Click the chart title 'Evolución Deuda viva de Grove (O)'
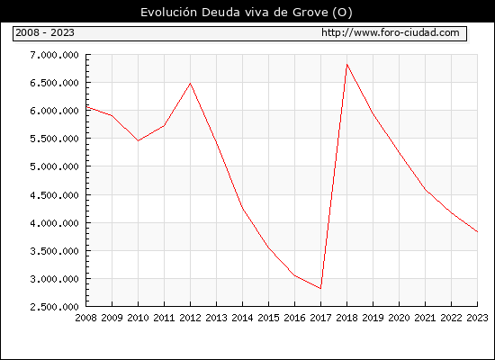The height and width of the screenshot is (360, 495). pyautogui.click(x=247, y=13)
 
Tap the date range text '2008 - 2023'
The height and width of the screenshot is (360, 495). pyautogui.click(x=45, y=32)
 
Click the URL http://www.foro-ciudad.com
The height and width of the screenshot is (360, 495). pyautogui.click(x=391, y=32)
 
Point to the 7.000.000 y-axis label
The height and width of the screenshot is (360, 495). pyautogui.click(x=54, y=55)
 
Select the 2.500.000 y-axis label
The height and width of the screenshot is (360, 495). pyautogui.click(x=54, y=307)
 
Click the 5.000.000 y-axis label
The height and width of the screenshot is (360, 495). pyautogui.click(x=54, y=166)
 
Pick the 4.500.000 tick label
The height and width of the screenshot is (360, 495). pyautogui.click(x=54, y=195)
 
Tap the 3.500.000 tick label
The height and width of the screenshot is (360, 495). pyautogui.click(x=54, y=251)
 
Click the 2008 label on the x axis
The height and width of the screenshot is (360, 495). pyautogui.click(x=85, y=318)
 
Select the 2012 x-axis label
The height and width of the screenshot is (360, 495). pyautogui.click(x=191, y=318)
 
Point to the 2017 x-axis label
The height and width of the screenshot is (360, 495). pyautogui.click(x=320, y=318)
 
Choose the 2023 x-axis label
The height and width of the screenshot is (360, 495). pyautogui.click(x=477, y=318)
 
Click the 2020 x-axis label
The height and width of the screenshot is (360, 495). pyautogui.click(x=399, y=318)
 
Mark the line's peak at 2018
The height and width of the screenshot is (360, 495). pyautogui.click(x=346, y=65)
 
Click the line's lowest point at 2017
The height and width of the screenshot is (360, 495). pyautogui.click(x=320, y=288)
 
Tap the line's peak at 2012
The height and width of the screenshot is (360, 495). pyautogui.click(x=191, y=84)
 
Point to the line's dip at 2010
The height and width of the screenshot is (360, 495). pyautogui.click(x=138, y=140)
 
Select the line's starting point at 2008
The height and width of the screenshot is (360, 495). pyautogui.click(x=86, y=107)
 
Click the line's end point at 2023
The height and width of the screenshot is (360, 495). pyautogui.click(x=477, y=231)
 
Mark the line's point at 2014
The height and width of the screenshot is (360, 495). pyautogui.click(x=242, y=209)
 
